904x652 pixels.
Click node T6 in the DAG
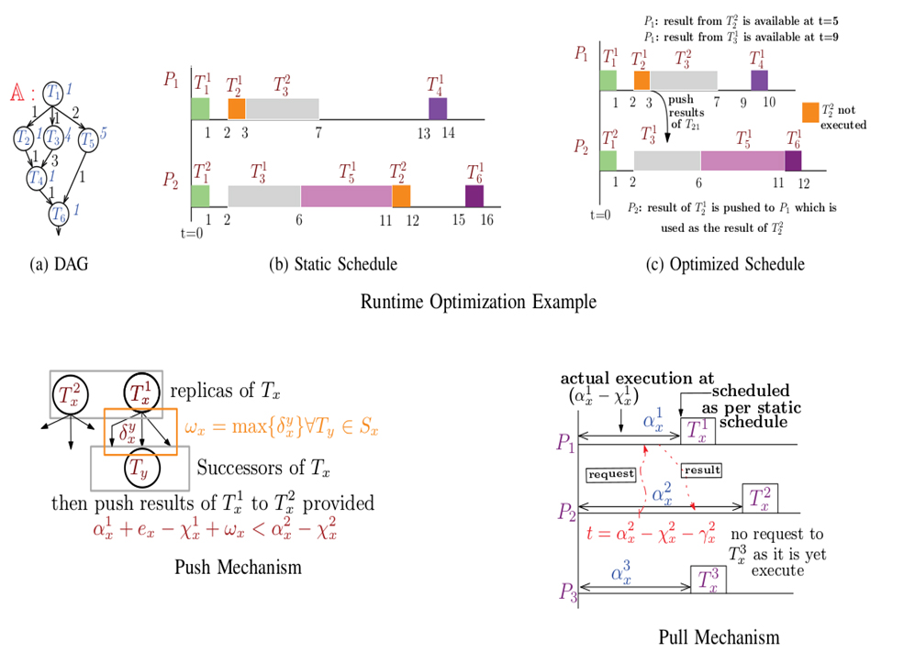[58, 214]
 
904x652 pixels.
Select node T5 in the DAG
[87, 139]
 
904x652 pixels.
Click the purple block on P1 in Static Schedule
[437, 108]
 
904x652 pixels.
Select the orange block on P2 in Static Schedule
[400, 195]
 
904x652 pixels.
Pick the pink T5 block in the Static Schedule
[346, 195]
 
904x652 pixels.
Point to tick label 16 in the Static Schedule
[485, 220]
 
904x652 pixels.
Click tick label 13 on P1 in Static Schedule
[423, 133]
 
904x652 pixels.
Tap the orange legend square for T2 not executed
[809, 112]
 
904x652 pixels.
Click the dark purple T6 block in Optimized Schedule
[793, 160]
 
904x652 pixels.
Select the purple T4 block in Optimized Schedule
[759, 80]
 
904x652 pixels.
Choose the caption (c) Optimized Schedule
[725, 264]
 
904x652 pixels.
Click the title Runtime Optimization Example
[477, 302]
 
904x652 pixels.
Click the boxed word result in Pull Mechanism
[701, 470]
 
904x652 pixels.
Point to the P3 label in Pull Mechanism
[566, 597]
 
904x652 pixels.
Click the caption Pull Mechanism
[719, 636]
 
